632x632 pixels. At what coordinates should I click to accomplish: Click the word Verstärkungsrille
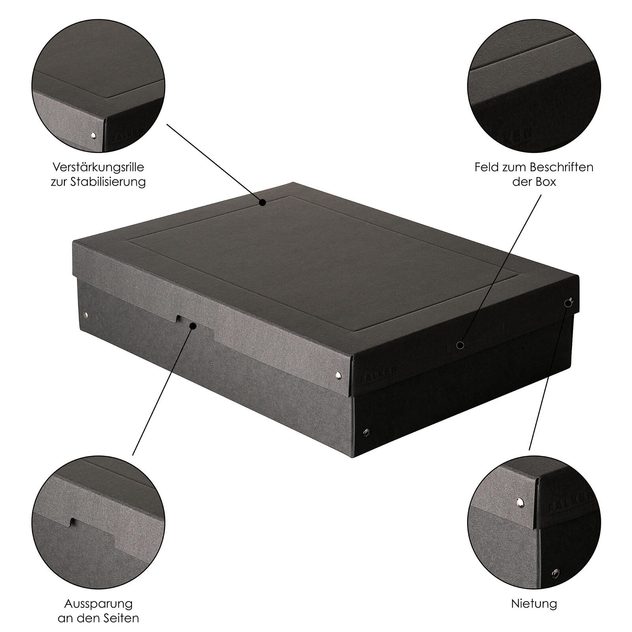[98, 167]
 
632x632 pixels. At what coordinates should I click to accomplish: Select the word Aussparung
[98, 604]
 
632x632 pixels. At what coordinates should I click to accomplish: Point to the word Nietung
[534, 604]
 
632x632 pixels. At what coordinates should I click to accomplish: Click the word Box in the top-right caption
[547, 182]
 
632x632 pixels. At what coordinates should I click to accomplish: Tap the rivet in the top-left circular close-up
[93, 136]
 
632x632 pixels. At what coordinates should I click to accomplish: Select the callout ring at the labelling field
[460, 345]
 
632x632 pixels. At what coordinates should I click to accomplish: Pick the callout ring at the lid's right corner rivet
[568, 303]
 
